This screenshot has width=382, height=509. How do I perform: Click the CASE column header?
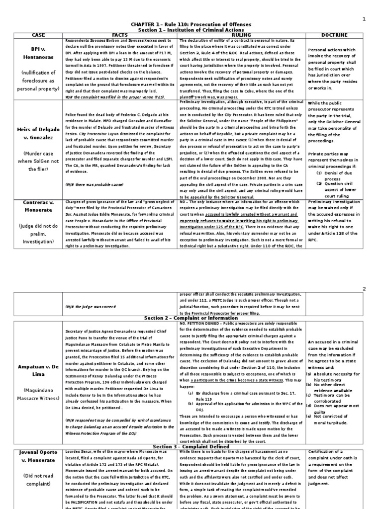click(38, 35)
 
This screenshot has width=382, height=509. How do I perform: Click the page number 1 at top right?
click(364, 19)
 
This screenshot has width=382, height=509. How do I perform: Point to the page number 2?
click(364, 289)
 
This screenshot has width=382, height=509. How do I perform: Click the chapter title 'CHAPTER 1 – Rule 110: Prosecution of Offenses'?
click(191, 24)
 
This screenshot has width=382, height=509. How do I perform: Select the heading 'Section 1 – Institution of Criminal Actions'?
click(191, 30)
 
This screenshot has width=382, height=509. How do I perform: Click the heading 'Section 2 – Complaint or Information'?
click(191, 318)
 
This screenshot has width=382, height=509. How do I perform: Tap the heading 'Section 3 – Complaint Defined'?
click(191, 446)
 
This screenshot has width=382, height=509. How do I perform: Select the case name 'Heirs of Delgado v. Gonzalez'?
click(38, 134)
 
